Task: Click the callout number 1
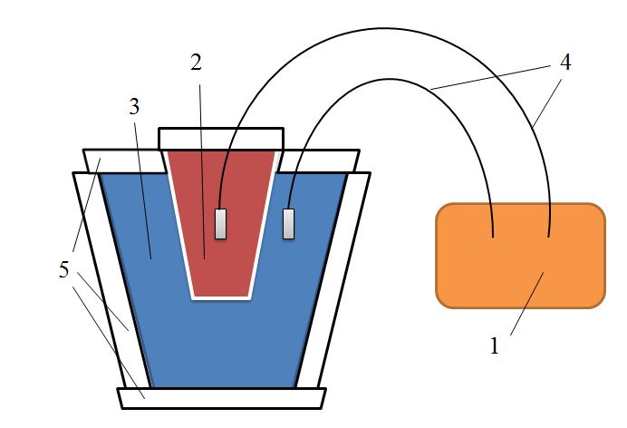point(495,346)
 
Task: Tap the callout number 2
point(196,63)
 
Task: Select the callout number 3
point(134,106)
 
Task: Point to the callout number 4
point(565,63)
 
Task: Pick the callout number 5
point(64,269)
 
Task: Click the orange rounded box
point(520,256)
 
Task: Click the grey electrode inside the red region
point(221,224)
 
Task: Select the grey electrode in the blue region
point(289,224)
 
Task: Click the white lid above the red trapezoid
point(221,139)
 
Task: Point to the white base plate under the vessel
point(221,398)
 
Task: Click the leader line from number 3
point(143,190)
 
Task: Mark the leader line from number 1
point(527,303)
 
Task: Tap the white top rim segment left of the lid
point(125,161)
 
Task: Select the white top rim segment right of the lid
point(319,161)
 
